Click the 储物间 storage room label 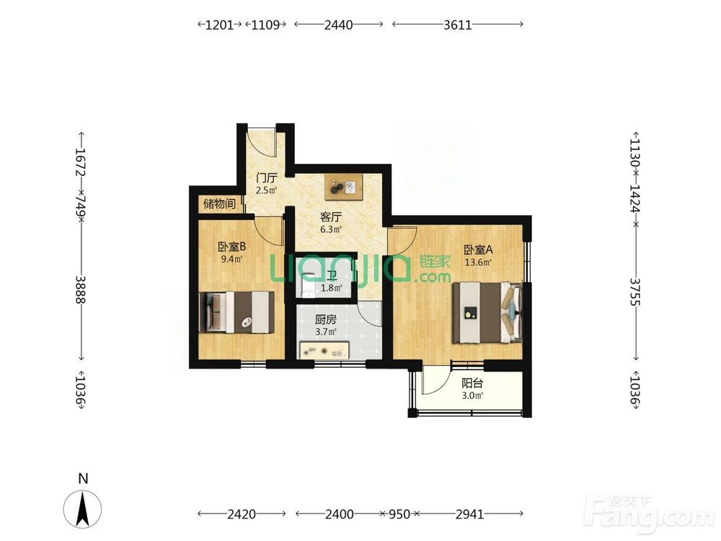219,203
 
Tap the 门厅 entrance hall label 267,177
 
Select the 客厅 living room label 331,216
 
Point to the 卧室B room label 231,247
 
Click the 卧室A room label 478,250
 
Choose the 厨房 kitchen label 326,320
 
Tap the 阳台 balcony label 472,383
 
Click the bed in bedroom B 236,312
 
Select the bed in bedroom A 487,313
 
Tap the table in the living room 343,187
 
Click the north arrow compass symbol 83,509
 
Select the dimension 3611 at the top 458,25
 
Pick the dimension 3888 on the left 81,289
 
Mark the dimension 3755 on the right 636,291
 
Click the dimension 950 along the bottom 399,514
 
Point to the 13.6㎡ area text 478,263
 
